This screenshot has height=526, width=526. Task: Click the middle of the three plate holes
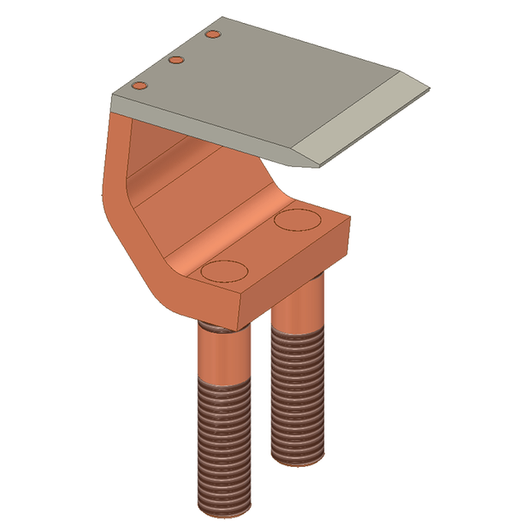click(175, 60)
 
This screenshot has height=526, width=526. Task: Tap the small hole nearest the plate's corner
click(140, 85)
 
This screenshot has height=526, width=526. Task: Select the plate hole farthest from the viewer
click(213, 35)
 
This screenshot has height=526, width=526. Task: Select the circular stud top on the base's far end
click(297, 219)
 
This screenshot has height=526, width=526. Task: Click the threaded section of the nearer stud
click(224, 444)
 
